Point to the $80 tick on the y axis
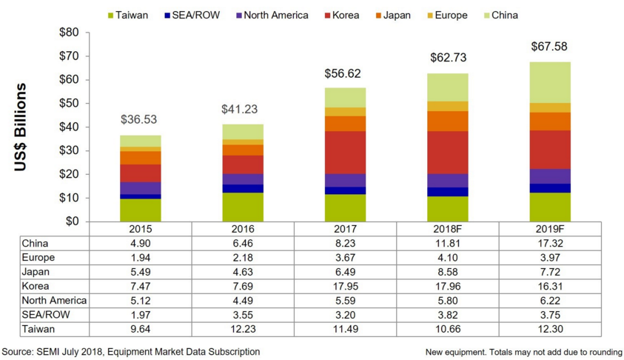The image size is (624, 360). (x=67, y=33)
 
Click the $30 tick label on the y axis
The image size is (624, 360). (x=67, y=151)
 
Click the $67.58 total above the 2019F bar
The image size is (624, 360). (x=549, y=47)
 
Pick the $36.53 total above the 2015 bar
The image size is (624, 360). (x=140, y=119)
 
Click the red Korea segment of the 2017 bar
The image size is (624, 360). (x=344, y=153)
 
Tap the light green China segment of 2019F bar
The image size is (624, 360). (x=549, y=82)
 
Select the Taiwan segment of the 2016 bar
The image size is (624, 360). (x=242, y=207)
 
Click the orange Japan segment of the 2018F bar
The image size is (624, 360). (x=446, y=121)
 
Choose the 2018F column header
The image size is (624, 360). (x=446, y=230)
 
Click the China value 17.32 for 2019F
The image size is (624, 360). (x=549, y=243)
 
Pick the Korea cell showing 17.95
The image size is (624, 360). (x=344, y=286)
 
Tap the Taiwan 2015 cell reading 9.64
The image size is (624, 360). (x=140, y=329)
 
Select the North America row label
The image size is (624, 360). (x=54, y=300)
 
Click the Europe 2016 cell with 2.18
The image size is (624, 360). (x=242, y=257)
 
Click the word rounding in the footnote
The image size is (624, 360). (x=603, y=352)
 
